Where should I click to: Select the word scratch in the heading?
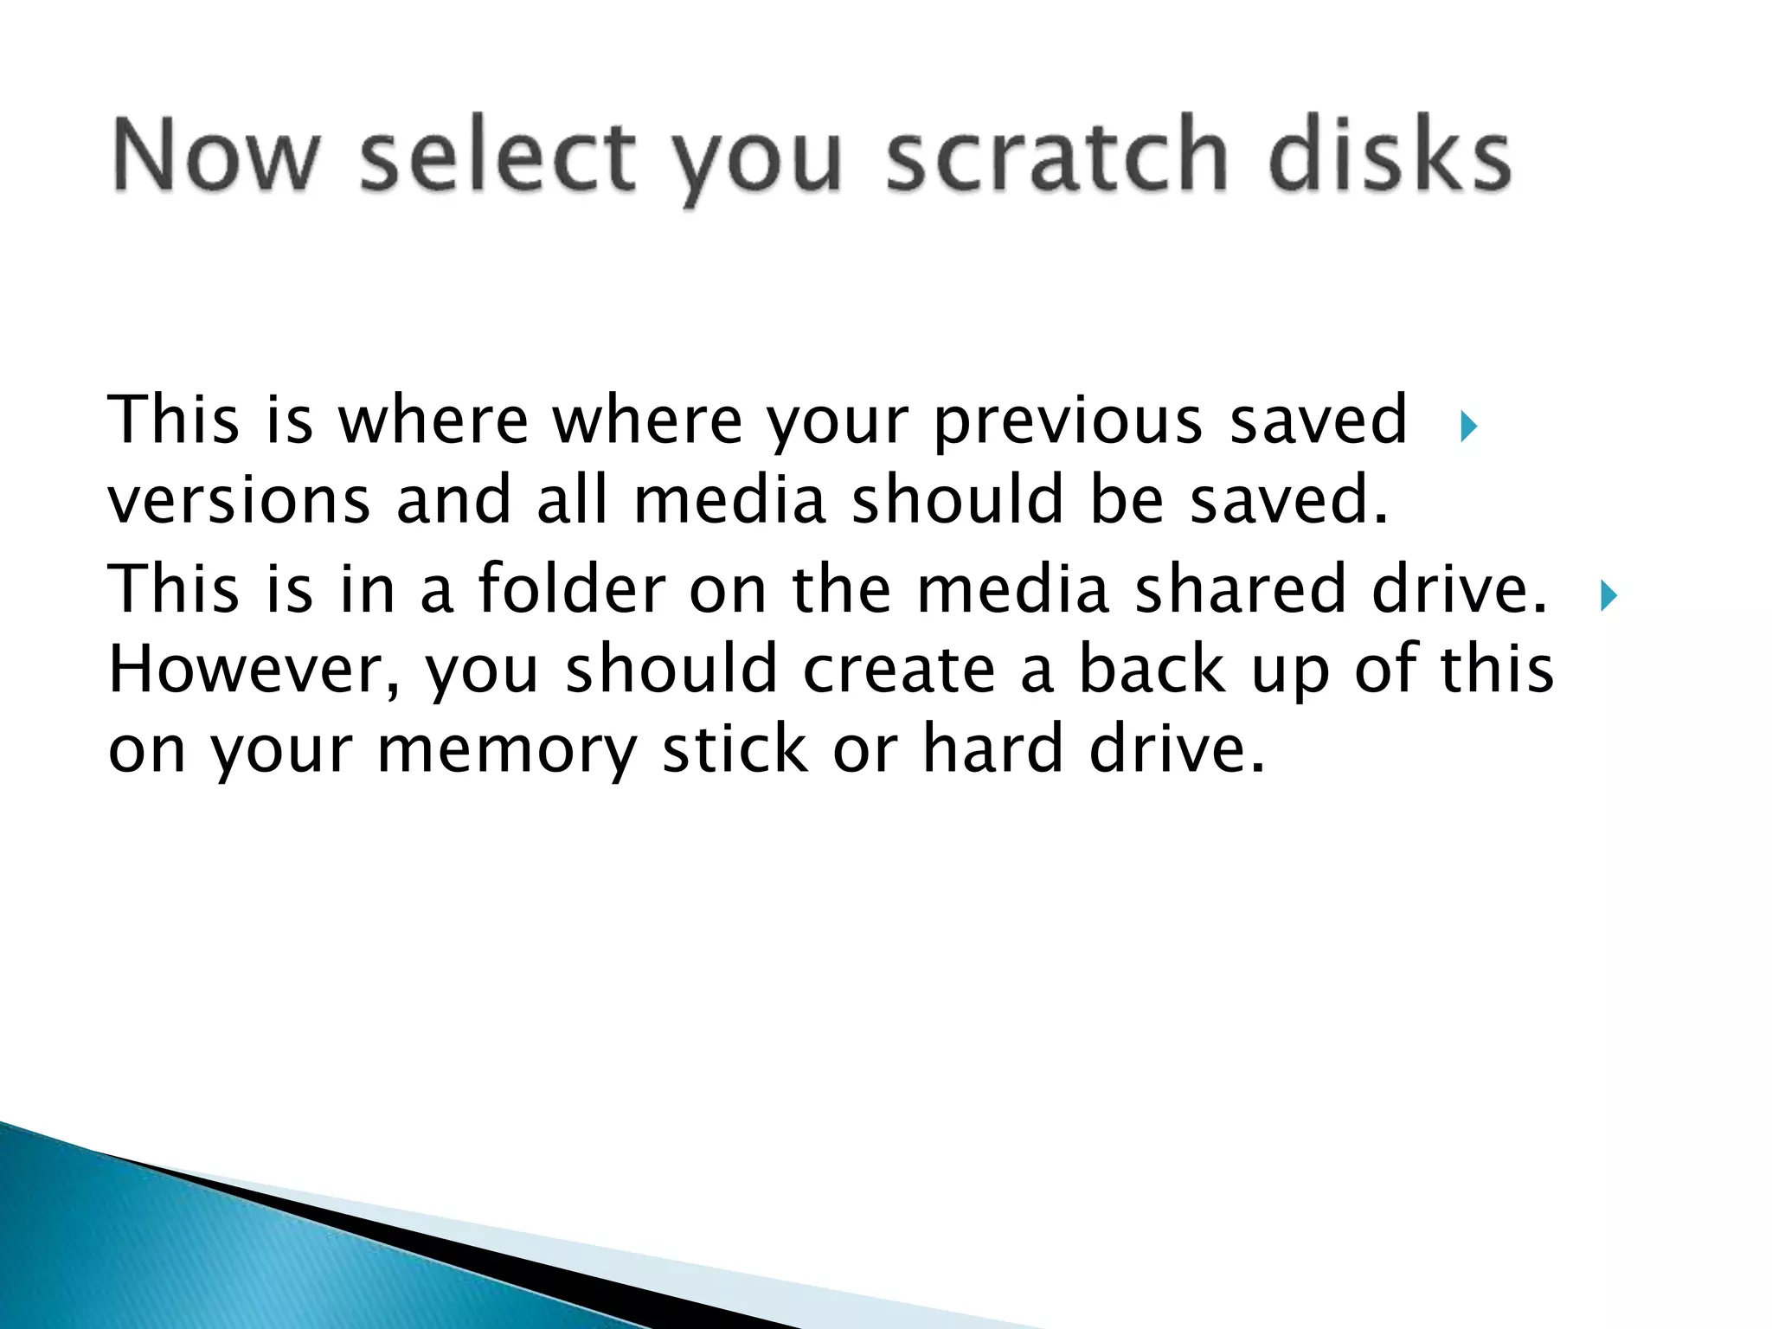(1056, 157)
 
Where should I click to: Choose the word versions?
(239, 501)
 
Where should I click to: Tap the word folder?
(571, 589)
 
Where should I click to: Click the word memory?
(506, 748)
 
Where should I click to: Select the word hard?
(992, 748)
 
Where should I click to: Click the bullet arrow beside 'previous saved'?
(1467, 426)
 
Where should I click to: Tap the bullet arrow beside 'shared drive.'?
(1608, 596)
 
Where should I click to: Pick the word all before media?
(572, 501)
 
